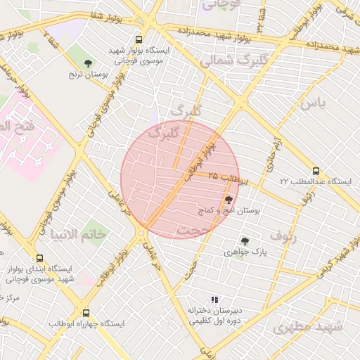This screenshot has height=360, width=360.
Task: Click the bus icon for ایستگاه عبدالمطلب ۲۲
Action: pos(316,170)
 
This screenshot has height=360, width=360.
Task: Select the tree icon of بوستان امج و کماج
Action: pos(229,200)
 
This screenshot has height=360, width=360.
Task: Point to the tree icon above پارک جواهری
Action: pos(245,241)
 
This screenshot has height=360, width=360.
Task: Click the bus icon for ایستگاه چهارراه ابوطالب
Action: pos(86,313)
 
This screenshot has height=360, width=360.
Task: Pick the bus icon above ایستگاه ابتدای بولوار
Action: pos(39,259)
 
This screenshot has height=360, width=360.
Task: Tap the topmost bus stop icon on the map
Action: pos(139,40)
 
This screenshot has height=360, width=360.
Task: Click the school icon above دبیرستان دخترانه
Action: pos(214,300)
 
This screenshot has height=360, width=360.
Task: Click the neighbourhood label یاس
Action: pos(314,103)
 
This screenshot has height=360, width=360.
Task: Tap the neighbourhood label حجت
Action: pos(194,230)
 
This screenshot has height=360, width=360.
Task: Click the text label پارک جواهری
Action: pos(243,252)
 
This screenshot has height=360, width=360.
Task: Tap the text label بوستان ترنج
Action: pos(87,73)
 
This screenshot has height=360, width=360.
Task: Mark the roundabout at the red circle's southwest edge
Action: pos(142,231)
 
